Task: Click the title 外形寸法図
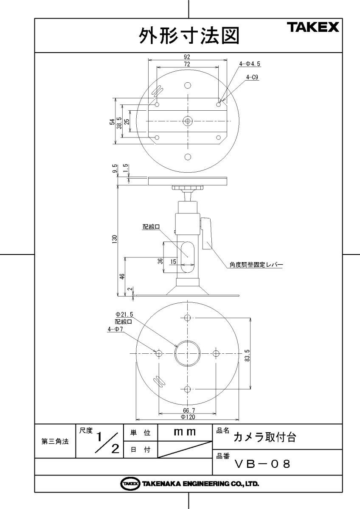click(189, 36)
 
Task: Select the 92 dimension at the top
click(187, 57)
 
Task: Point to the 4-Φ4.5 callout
click(250, 64)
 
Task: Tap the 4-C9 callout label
click(252, 77)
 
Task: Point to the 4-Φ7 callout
click(115, 328)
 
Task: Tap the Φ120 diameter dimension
click(188, 417)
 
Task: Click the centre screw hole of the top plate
click(188, 121)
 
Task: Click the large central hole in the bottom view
click(188, 353)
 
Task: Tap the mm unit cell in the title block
click(185, 432)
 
